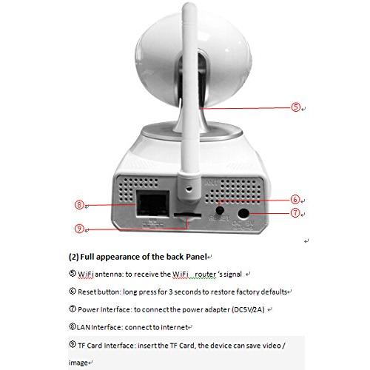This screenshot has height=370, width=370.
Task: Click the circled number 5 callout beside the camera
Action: (295, 107)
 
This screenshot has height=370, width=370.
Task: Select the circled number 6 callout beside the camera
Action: (295, 199)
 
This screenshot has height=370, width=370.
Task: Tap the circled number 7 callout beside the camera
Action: (295, 212)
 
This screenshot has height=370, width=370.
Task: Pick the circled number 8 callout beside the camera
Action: (79, 205)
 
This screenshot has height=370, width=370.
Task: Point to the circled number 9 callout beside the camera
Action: (79, 229)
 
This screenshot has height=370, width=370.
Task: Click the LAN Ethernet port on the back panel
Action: (153, 203)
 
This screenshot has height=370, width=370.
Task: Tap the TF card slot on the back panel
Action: (187, 215)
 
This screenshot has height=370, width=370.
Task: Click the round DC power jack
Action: (243, 213)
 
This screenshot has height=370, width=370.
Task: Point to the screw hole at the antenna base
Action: (189, 189)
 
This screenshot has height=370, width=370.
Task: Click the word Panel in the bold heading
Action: (196, 257)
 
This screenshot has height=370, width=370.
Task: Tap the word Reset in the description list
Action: (87, 292)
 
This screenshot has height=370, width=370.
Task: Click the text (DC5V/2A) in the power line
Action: (248, 309)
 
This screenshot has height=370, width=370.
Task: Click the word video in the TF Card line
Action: (272, 345)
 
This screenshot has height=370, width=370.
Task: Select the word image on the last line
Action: (78, 363)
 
